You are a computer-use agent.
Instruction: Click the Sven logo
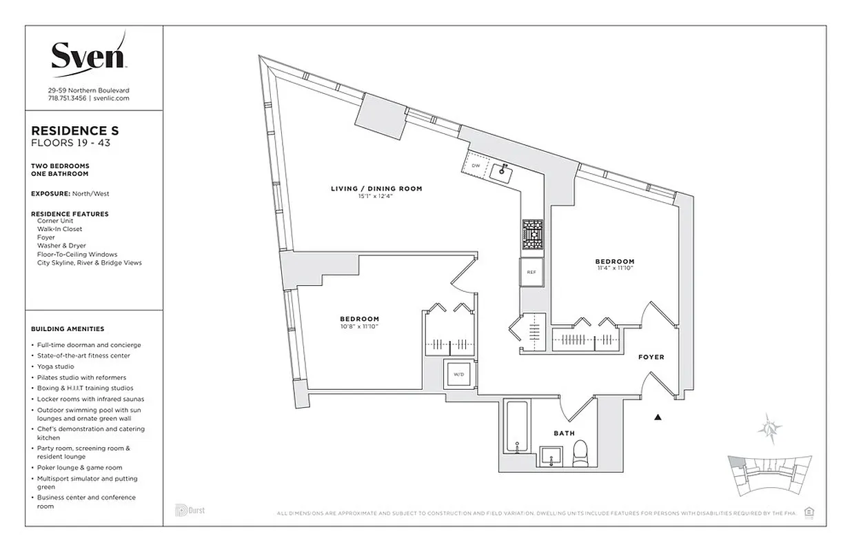(x=88, y=54)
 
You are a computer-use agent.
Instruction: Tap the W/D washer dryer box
(x=458, y=375)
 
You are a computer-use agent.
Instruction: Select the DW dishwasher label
(x=476, y=166)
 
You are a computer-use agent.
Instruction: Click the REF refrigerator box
(x=531, y=272)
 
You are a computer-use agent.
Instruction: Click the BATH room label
(x=564, y=433)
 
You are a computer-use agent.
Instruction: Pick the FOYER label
(x=651, y=357)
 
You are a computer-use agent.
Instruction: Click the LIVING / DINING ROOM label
(x=376, y=188)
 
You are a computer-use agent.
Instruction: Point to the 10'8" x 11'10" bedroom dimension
(x=359, y=326)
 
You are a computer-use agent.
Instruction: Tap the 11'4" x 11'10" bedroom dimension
(x=615, y=268)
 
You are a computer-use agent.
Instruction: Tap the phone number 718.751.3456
(x=67, y=99)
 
